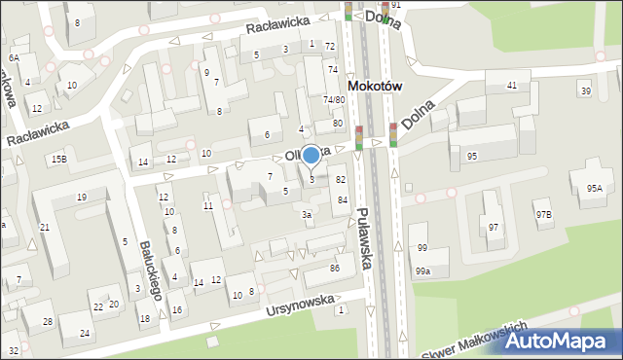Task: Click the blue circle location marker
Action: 311,155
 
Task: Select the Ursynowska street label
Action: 300,306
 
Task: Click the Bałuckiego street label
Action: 148,269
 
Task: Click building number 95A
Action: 594,188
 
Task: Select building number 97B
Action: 543,213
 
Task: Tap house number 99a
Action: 422,271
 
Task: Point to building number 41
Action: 512,87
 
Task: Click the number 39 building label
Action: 585,91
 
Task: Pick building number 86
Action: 335,268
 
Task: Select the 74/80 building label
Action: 334,99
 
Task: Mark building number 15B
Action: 59,159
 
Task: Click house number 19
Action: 82,198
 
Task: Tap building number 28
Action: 47,321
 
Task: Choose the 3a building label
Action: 306,214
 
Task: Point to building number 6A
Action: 14,57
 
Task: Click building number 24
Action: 85,334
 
